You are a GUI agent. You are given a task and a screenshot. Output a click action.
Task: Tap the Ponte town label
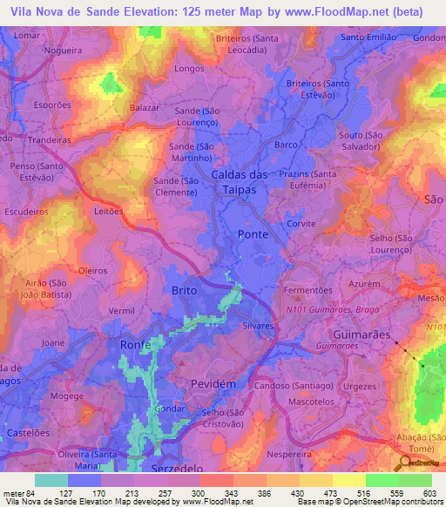point(253,235)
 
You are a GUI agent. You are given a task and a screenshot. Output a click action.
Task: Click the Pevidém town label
point(213,383)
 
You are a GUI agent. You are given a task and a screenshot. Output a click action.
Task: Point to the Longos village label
point(189,68)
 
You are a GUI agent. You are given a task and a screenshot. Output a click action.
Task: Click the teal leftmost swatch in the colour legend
point(51,480)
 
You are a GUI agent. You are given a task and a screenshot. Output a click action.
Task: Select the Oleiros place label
point(92,271)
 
